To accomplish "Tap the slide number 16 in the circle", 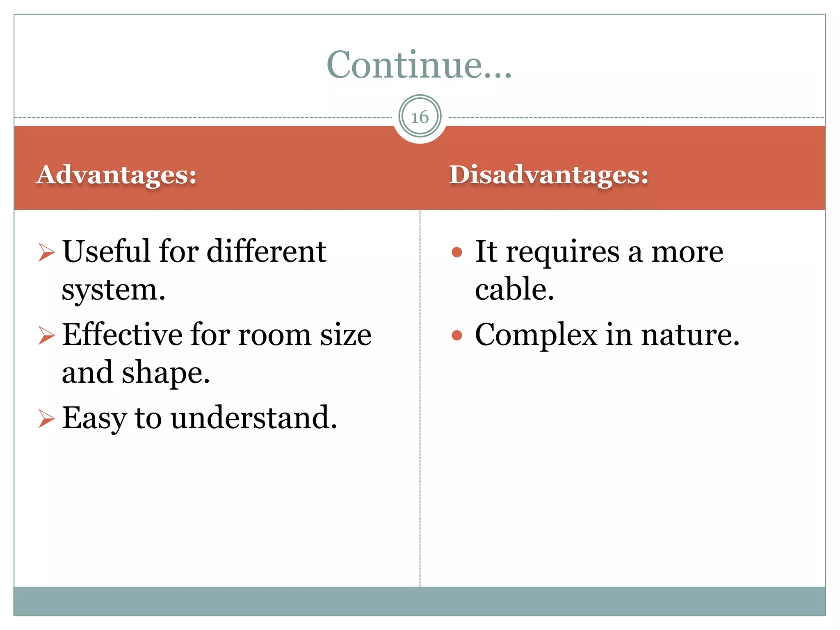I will pyautogui.click(x=420, y=117).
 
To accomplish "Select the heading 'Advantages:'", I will pyautogui.click(x=116, y=175).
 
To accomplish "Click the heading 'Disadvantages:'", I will pyautogui.click(x=549, y=175).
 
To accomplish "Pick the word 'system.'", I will pyautogui.click(x=114, y=290).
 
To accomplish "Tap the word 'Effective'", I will pyautogui.click(x=122, y=335).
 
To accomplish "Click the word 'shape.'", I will pyautogui.click(x=166, y=373).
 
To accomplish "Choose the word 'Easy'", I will pyautogui.click(x=94, y=418).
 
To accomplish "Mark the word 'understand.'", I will pyautogui.click(x=254, y=418).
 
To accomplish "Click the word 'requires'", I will pyautogui.click(x=563, y=252).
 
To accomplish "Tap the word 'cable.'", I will pyautogui.click(x=514, y=290).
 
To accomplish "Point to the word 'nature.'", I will pyautogui.click(x=690, y=335).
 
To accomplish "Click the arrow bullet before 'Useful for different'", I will pyautogui.click(x=46, y=252).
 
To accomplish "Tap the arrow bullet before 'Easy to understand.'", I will pyautogui.click(x=46, y=418).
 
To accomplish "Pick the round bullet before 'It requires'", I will pyautogui.click(x=457, y=252).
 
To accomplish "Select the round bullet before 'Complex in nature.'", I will pyautogui.click(x=457, y=336).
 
